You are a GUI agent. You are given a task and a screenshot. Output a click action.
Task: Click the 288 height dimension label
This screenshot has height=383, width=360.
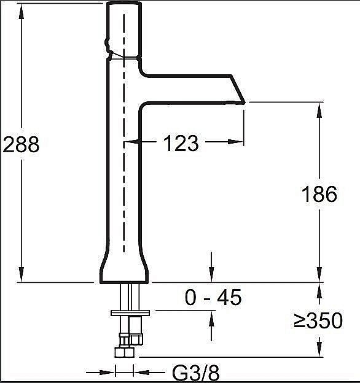(21, 144)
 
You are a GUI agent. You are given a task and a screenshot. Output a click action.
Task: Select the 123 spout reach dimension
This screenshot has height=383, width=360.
(181, 143)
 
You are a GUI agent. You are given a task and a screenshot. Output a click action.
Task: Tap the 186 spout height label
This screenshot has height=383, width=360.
(319, 194)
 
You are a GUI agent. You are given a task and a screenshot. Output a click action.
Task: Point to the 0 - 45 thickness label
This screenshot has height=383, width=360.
(213, 297)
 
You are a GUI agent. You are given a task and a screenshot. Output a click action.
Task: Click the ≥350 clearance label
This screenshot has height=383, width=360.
(318, 320)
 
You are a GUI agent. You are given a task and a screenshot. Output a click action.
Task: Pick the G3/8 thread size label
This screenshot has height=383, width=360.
(196, 373)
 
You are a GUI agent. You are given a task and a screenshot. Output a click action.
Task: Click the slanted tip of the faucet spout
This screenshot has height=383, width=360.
(238, 90)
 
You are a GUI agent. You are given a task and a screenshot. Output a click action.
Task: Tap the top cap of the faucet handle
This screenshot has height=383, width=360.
(124, 4)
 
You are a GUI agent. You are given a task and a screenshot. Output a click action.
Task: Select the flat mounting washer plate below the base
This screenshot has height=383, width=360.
(130, 313)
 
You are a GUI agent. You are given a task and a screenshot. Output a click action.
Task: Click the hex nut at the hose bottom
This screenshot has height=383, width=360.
(124, 352)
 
